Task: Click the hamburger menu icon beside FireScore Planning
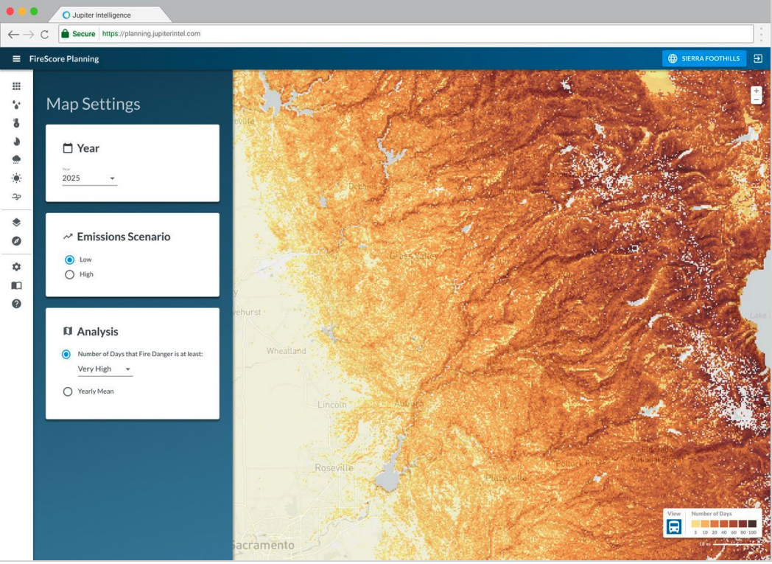pyautogui.click(x=16, y=59)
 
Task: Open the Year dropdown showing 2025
pyautogui.click(x=89, y=178)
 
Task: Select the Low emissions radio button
pyautogui.click(x=70, y=260)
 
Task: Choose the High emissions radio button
pyautogui.click(x=70, y=274)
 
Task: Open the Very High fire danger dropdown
pyautogui.click(x=104, y=369)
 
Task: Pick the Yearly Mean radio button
pyautogui.click(x=68, y=391)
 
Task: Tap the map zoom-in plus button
pyautogui.click(x=756, y=91)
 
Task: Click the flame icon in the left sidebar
pyautogui.click(x=16, y=142)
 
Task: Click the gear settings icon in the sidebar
pyautogui.click(x=16, y=267)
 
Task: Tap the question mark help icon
pyautogui.click(x=16, y=303)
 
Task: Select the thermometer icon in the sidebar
pyautogui.click(x=16, y=123)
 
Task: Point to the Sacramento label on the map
pyautogui.click(x=263, y=546)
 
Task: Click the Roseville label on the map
pyautogui.click(x=334, y=467)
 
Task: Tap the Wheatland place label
pyautogui.click(x=286, y=351)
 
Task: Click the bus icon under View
pyautogui.click(x=674, y=526)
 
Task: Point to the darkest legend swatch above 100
pyautogui.click(x=752, y=523)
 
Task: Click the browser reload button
pyautogui.click(x=45, y=34)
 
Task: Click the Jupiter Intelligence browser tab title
pyautogui.click(x=101, y=15)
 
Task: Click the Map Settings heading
pyautogui.click(x=93, y=104)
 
